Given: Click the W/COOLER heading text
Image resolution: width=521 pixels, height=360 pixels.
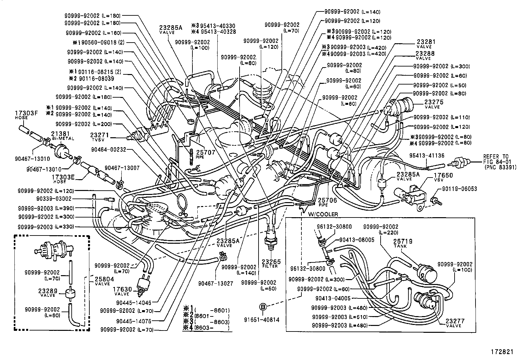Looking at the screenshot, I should pos(323,214).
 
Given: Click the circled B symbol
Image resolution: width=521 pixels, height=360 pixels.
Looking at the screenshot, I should pos(262,307).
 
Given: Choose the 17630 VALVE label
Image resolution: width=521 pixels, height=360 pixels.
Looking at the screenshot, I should pos(122,291).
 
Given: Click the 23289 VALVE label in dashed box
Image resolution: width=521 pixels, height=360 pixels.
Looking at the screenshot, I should pos(48,292).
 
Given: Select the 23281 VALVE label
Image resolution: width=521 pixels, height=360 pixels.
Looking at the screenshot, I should pos(426,44).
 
